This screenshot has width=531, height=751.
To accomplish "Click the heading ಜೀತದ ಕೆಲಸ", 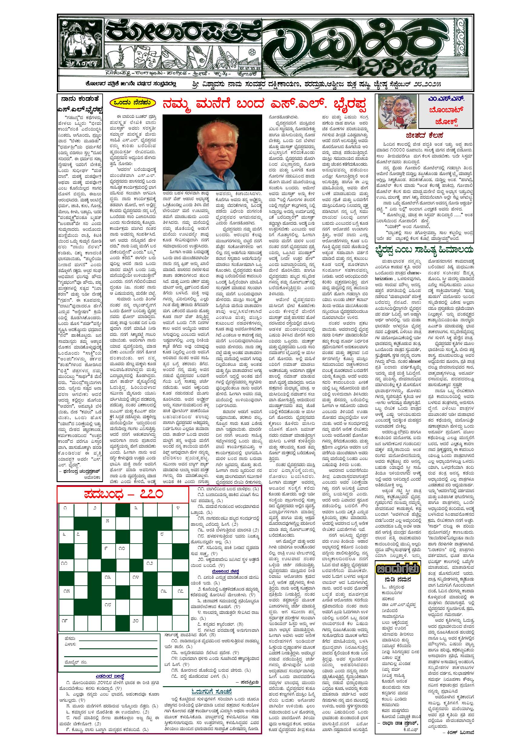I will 425,135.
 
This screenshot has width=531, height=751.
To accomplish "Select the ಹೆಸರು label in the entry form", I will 70,638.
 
